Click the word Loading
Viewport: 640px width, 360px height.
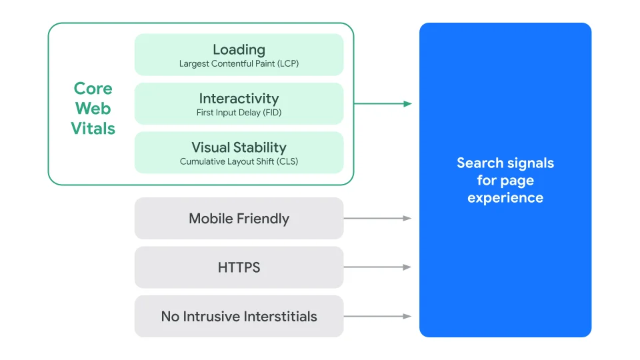pos(239,49)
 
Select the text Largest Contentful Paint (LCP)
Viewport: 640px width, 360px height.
pos(239,64)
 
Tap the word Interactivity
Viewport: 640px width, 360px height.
pos(239,99)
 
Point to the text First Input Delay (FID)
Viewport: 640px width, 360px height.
pos(239,113)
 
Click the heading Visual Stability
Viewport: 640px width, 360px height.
pos(239,147)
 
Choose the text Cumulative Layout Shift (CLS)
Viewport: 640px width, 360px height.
pos(239,161)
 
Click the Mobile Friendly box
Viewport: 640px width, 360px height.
pos(239,219)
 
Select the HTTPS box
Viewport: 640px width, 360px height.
pos(239,267)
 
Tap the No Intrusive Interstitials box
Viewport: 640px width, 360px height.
pos(239,316)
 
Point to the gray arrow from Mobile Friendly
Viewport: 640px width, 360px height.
pos(377,218)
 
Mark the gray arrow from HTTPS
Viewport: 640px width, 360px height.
pos(377,267)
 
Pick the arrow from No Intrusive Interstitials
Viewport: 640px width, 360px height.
pos(377,316)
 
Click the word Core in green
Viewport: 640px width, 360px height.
pos(93,89)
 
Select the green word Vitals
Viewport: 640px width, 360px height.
pos(93,128)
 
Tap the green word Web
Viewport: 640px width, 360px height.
pos(93,108)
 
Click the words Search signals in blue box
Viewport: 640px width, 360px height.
pos(505,163)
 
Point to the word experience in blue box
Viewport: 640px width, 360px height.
pos(505,198)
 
